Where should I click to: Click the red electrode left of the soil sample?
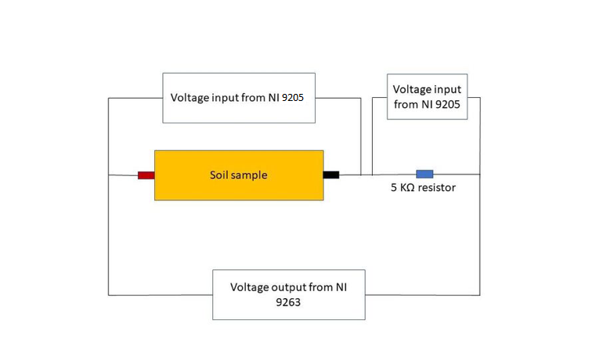(x=146, y=175)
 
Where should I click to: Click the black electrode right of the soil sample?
(x=331, y=175)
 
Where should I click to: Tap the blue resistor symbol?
(x=425, y=173)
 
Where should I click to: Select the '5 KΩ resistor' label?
(x=423, y=188)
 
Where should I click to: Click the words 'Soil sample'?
(x=238, y=175)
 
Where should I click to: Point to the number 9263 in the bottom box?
(x=289, y=302)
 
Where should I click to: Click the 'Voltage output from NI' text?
(x=288, y=287)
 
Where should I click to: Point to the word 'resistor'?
(x=435, y=188)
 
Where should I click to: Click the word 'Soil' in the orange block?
(x=219, y=175)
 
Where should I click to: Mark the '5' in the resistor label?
(x=394, y=188)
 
